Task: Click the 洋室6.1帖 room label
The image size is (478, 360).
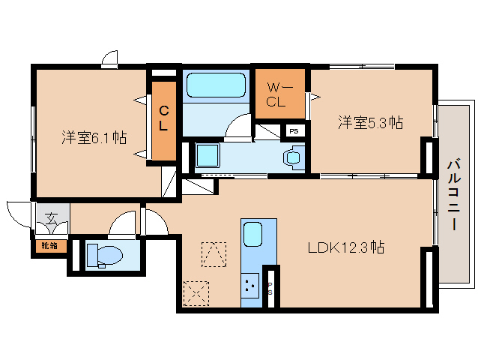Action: click(94, 138)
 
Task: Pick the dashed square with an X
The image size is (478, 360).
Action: click(196, 292)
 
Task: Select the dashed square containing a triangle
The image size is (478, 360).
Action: click(214, 253)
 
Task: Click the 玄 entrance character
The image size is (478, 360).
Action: click(50, 219)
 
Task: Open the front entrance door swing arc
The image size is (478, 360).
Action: click(16, 212)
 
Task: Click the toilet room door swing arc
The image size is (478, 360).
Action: click(122, 223)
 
